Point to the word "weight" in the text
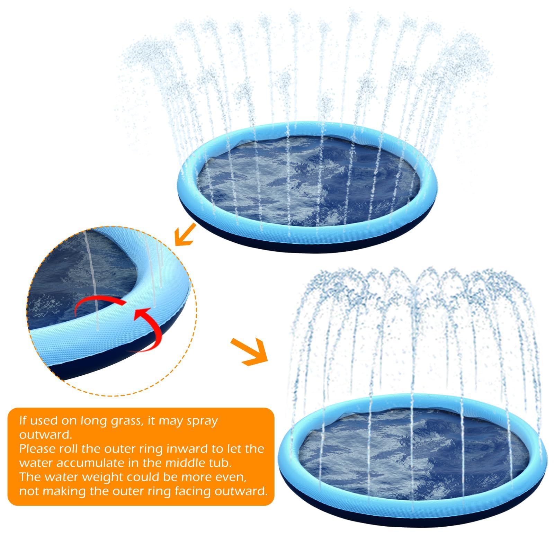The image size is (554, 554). (103, 478)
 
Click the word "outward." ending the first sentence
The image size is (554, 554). (46, 435)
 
